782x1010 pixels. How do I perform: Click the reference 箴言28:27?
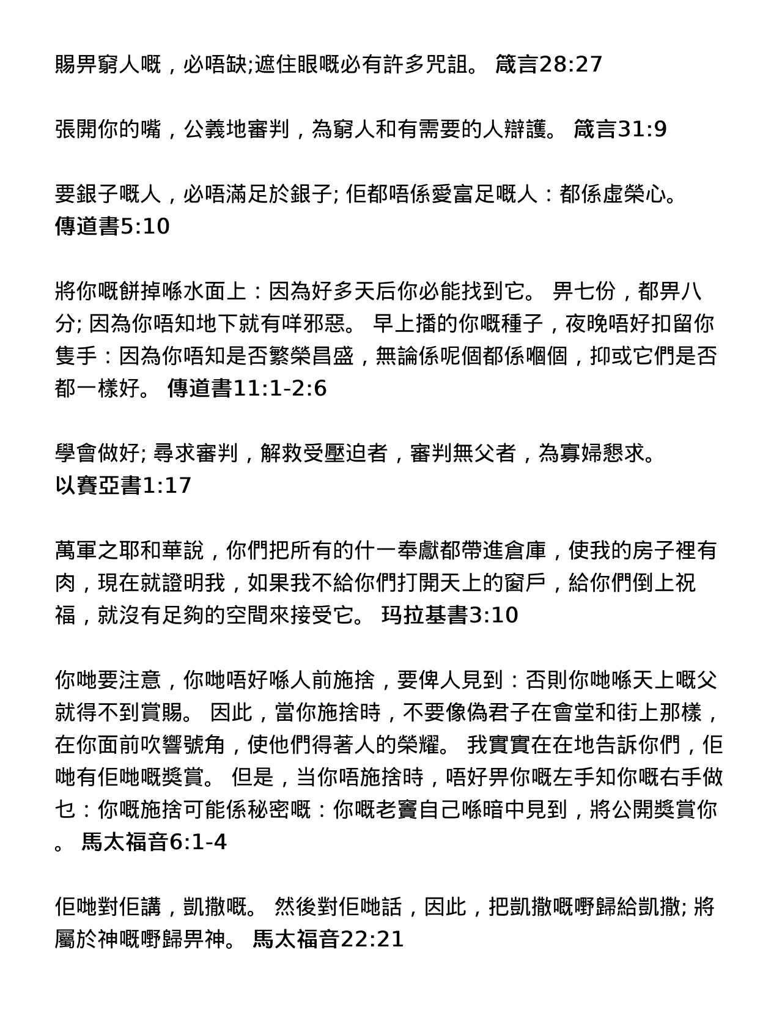548,64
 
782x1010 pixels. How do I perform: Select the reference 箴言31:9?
620,129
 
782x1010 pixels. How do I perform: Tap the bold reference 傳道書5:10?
112,226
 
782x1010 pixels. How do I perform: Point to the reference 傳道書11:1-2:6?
247,388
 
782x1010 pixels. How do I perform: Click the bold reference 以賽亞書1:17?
123,485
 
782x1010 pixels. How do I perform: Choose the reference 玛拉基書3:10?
450,614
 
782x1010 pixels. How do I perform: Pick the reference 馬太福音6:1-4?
154,842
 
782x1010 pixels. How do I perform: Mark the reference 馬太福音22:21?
328,939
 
